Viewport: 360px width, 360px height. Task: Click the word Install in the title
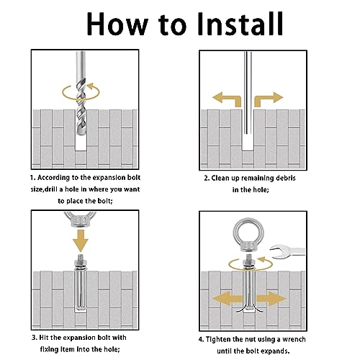240,24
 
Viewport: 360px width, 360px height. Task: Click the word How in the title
117,24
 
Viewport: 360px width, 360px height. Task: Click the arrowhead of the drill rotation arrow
90,86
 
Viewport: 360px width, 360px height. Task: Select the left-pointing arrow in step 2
227,99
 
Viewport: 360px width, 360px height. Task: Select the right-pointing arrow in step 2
269,99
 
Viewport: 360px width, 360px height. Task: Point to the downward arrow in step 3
81,240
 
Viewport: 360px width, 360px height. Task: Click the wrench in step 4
287,251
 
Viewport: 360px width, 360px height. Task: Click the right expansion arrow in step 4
271,299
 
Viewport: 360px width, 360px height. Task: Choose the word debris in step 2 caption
285,178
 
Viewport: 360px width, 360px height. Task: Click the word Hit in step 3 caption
44,338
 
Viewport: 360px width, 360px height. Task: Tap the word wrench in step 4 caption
294,339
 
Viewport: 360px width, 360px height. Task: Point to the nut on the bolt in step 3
81,262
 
